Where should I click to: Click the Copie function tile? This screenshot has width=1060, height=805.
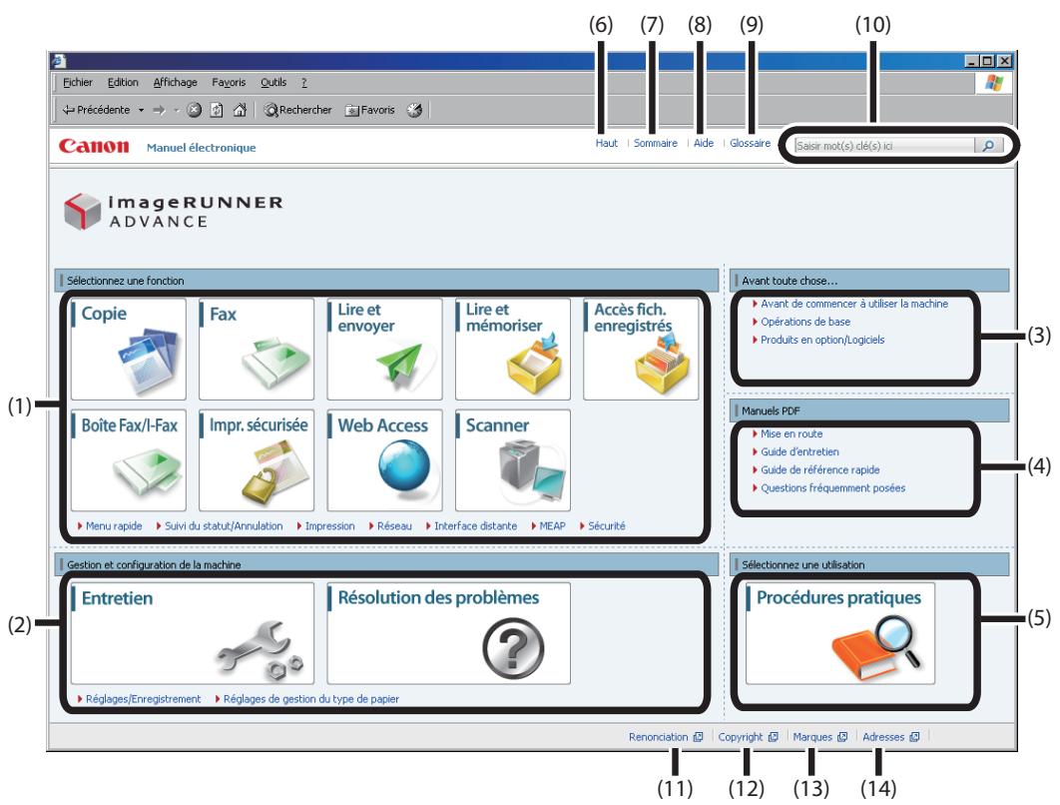(129, 349)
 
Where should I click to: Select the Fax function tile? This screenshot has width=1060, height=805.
(257, 349)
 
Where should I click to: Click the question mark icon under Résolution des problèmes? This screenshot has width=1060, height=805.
(513, 648)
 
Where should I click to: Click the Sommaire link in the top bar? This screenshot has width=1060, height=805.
(655, 143)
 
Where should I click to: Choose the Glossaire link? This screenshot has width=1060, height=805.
(750, 143)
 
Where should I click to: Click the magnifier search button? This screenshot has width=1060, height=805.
(988, 146)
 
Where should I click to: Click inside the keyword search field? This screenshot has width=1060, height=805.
(884, 146)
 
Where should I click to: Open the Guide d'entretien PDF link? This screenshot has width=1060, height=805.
(799, 451)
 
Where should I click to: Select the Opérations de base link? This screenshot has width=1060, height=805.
(805, 322)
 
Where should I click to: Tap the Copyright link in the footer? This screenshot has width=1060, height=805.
(741, 737)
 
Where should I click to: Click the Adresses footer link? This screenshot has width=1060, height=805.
(883, 737)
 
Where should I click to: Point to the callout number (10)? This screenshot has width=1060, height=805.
(872, 25)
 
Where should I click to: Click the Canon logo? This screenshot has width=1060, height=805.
(93, 146)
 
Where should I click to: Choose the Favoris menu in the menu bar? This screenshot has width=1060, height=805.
(229, 82)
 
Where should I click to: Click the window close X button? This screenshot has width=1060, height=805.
(1005, 61)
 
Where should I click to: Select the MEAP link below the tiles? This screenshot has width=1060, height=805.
(552, 525)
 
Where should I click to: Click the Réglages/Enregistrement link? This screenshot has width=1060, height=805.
(144, 699)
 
